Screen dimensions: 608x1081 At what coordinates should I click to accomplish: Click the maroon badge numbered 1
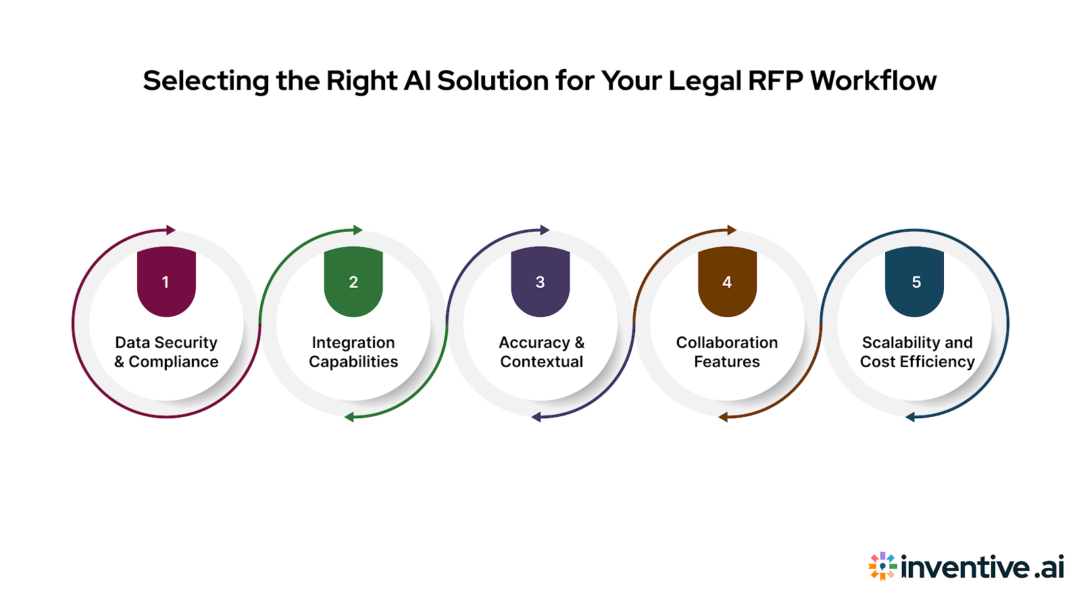166,282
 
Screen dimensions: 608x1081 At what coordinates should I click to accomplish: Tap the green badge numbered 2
353,282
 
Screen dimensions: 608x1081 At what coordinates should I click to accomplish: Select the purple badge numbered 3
540,282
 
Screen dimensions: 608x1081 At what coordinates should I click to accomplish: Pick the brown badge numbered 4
727,282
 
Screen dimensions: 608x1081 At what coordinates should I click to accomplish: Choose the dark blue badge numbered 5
914,282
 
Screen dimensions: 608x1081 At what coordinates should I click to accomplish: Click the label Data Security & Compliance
166,352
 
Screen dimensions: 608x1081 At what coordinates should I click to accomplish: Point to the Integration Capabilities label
353,352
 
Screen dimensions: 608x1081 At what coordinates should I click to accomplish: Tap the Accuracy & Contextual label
541,352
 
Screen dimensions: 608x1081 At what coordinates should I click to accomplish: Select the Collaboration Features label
727,352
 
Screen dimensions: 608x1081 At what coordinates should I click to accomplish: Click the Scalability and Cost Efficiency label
917,352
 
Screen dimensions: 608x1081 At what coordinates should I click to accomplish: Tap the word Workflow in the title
873,81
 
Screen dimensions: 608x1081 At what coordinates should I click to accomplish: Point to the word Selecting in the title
206,81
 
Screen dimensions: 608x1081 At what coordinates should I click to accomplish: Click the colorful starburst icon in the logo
882,566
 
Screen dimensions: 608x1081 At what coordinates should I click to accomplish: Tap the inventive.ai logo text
982,567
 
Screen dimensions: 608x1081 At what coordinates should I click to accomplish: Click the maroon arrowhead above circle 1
171,230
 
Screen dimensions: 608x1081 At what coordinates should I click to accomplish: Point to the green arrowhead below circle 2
349,417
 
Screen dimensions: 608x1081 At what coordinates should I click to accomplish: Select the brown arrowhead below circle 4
723,417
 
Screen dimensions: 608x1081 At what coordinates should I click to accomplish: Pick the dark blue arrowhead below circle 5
910,417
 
